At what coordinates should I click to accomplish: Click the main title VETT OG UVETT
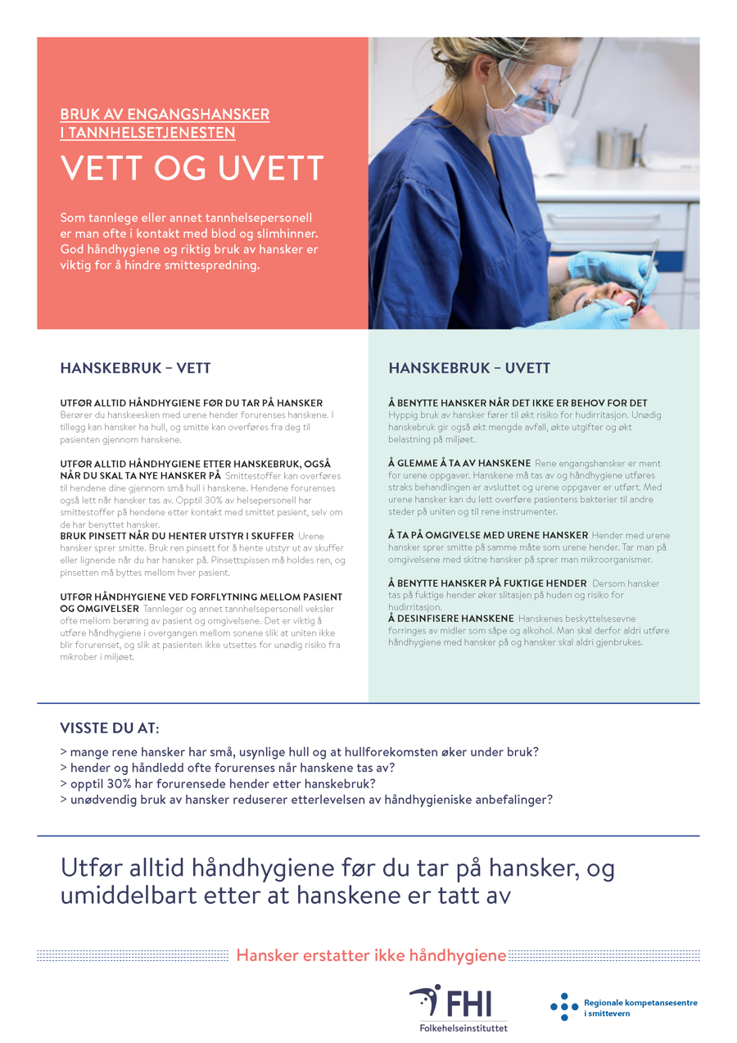[192, 170]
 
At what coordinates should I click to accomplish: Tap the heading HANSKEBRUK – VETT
[135, 369]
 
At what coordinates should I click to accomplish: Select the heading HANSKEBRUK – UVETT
[469, 369]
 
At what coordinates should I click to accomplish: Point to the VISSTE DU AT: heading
[110, 728]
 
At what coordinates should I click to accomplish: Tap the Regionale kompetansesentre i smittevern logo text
[640, 1008]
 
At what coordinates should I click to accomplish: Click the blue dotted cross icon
[563, 1007]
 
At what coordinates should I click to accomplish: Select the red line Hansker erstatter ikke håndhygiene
[371, 955]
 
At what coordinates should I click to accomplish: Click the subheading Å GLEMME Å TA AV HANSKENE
[459, 464]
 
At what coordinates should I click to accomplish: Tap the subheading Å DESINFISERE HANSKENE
[451, 618]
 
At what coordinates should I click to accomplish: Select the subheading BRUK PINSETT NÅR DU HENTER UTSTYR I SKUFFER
[177, 536]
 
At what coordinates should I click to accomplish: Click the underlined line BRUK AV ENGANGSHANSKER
[165, 115]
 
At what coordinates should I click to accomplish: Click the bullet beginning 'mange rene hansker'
[299, 752]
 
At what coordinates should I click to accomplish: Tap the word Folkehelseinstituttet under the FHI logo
[458, 1027]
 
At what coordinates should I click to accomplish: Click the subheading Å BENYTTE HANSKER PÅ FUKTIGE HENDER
[487, 583]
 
